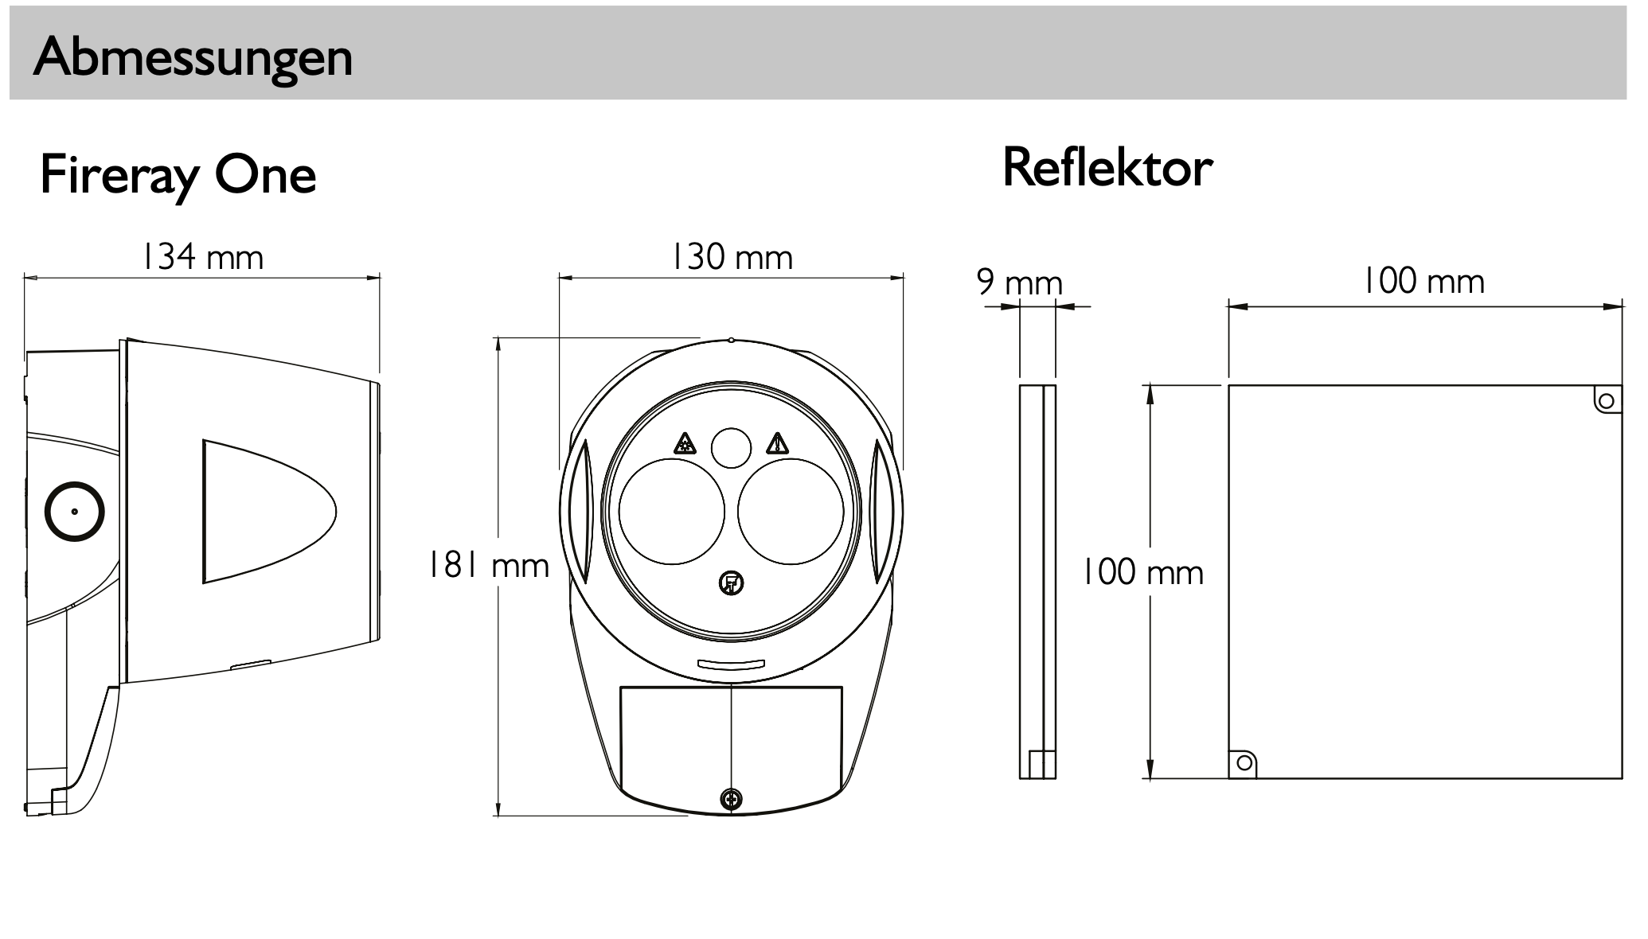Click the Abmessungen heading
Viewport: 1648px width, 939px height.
tap(193, 57)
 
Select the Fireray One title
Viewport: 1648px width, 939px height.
tap(178, 175)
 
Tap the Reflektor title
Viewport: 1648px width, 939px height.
tap(1107, 168)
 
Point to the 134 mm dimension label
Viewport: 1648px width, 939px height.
tap(202, 257)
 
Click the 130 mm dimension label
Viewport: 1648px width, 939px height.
tap(732, 257)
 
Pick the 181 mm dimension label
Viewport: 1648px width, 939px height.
tap(489, 566)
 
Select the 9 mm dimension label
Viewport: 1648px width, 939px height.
tap(1019, 282)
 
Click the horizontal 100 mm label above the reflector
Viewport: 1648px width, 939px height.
tap(1423, 281)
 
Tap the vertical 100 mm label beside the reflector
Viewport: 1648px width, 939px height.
tap(1142, 573)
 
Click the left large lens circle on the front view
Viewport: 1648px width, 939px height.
tap(671, 512)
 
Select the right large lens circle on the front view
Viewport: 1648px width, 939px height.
tap(791, 512)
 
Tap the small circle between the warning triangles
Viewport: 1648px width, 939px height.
tap(731, 448)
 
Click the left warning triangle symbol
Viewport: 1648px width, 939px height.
tap(685, 443)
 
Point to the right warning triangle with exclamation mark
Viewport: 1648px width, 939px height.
tap(777, 443)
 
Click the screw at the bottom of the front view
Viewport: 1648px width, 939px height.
tap(731, 799)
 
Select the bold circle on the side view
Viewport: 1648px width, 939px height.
tap(75, 512)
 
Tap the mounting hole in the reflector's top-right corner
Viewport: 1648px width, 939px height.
tap(1606, 400)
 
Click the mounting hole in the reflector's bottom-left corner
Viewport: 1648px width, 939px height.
tap(1244, 763)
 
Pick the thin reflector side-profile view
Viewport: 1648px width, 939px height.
tap(1037, 581)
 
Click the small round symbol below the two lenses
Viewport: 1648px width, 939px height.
tap(731, 584)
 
